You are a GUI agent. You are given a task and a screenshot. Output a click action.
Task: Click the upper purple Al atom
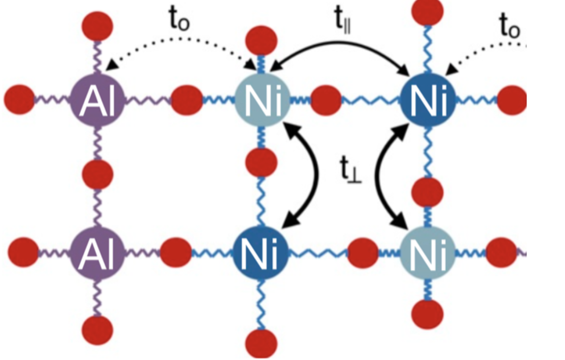click(98, 100)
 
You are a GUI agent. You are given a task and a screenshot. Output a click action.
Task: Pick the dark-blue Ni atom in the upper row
click(428, 100)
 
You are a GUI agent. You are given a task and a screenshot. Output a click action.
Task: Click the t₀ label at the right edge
click(509, 26)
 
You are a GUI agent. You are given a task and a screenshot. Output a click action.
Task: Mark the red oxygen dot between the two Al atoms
click(98, 175)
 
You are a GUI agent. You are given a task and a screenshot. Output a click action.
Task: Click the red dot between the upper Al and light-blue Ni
click(187, 100)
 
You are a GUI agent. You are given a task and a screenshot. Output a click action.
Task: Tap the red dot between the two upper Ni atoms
click(326, 100)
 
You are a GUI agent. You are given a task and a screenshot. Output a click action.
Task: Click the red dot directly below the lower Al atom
click(98, 330)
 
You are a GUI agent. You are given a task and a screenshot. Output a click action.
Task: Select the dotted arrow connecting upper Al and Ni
click(181, 39)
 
